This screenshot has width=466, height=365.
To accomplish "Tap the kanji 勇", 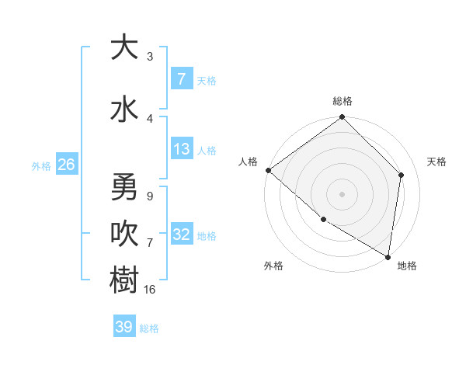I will (124, 187).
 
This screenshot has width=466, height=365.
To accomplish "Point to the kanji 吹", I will (124, 232).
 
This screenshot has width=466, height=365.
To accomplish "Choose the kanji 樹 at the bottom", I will (124, 280).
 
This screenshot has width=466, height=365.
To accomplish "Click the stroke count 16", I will (150, 289).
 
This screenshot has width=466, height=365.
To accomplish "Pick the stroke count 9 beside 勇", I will (149, 196).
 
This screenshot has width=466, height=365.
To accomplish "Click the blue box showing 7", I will (181, 79).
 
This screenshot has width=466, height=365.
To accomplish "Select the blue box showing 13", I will (181, 149).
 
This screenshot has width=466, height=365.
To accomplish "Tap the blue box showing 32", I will (181, 235).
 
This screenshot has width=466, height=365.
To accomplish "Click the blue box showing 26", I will (66, 165).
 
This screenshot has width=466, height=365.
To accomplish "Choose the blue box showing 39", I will (124, 327).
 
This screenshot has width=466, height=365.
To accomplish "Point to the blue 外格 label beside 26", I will (41, 165).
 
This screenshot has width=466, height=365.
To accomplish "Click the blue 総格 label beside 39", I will (149, 328).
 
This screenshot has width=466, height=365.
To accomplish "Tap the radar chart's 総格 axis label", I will (342, 101).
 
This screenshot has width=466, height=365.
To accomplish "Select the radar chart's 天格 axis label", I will (436, 162).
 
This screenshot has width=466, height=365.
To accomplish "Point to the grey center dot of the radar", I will (342, 193).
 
